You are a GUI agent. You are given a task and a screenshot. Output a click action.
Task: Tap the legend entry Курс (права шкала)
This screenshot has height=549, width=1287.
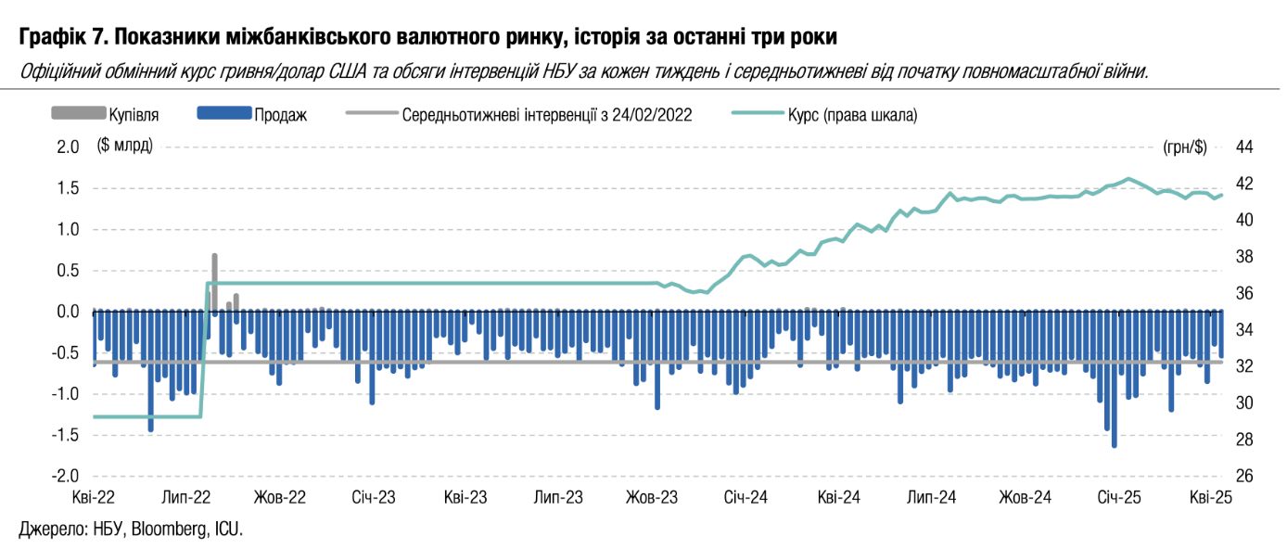pyautogui.click(x=852, y=114)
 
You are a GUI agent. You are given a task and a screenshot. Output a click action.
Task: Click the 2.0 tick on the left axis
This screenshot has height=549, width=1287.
pyautogui.click(x=68, y=147)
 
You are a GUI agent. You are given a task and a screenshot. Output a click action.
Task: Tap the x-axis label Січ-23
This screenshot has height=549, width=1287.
pyautogui.click(x=374, y=497)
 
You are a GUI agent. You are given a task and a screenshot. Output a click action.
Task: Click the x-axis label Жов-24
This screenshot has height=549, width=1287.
pyautogui.click(x=1025, y=497)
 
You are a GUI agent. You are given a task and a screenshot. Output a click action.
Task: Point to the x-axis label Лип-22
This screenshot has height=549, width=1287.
pyautogui.click(x=186, y=497)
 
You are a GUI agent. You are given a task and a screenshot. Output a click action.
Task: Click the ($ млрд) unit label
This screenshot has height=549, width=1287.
pyautogui.click(x=125, y=147)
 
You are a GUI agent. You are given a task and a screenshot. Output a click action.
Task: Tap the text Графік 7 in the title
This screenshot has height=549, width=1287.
pyautogui.click(x=61, y=37)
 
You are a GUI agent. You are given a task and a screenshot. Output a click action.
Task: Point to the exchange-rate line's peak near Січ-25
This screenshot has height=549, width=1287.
pyautogui.click(x=1128, y=178)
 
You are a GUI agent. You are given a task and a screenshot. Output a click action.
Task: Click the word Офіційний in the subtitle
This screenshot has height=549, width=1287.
pyautogui.click(x=56, y=71)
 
